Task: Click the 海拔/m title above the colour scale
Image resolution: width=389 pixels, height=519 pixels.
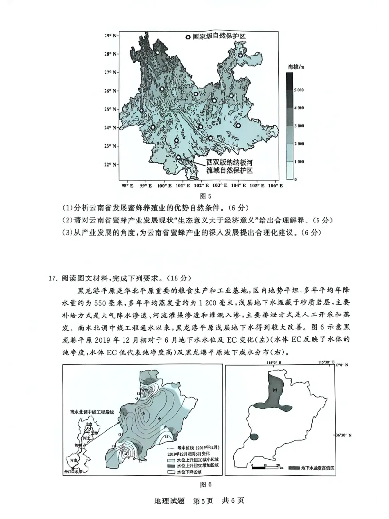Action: (296, 66)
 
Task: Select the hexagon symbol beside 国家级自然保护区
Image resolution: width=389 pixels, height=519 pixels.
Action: (188, 37)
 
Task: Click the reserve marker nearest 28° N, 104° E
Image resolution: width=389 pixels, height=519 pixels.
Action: (240, 56)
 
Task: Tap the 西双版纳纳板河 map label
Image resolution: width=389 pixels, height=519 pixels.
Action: (229, 162)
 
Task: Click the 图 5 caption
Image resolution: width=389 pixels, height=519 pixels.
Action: (206, 197)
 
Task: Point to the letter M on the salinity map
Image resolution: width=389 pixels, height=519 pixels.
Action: (275, 390)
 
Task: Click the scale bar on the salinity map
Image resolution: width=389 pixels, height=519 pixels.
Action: (265, 466)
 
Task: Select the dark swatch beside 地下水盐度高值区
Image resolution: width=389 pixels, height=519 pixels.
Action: (293, 467)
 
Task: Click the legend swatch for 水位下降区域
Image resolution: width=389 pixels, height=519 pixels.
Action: (171, 472)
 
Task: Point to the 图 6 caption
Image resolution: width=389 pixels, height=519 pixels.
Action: (206, 484)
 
